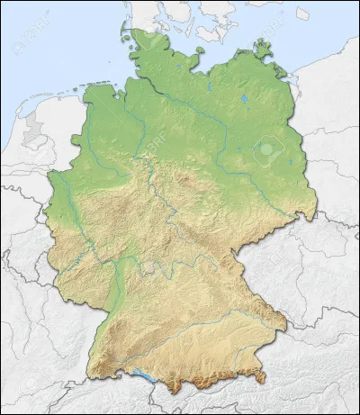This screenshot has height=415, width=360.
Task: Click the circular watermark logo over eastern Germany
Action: [x=267, y=149]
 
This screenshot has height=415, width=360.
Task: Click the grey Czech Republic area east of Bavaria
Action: [x=297, y=270]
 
